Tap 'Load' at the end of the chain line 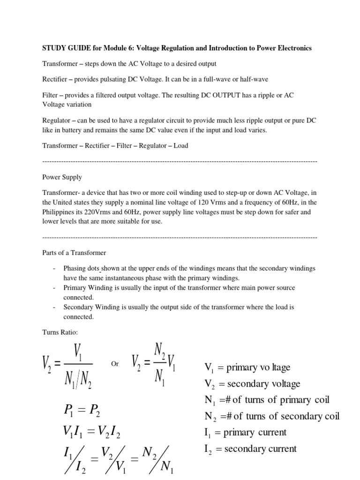[181, 145]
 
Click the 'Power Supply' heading [62, 177]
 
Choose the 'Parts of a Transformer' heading [74, 253]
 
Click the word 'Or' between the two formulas [115, 364]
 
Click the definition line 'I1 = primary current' [245, 432]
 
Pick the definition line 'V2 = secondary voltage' [252, 384]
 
